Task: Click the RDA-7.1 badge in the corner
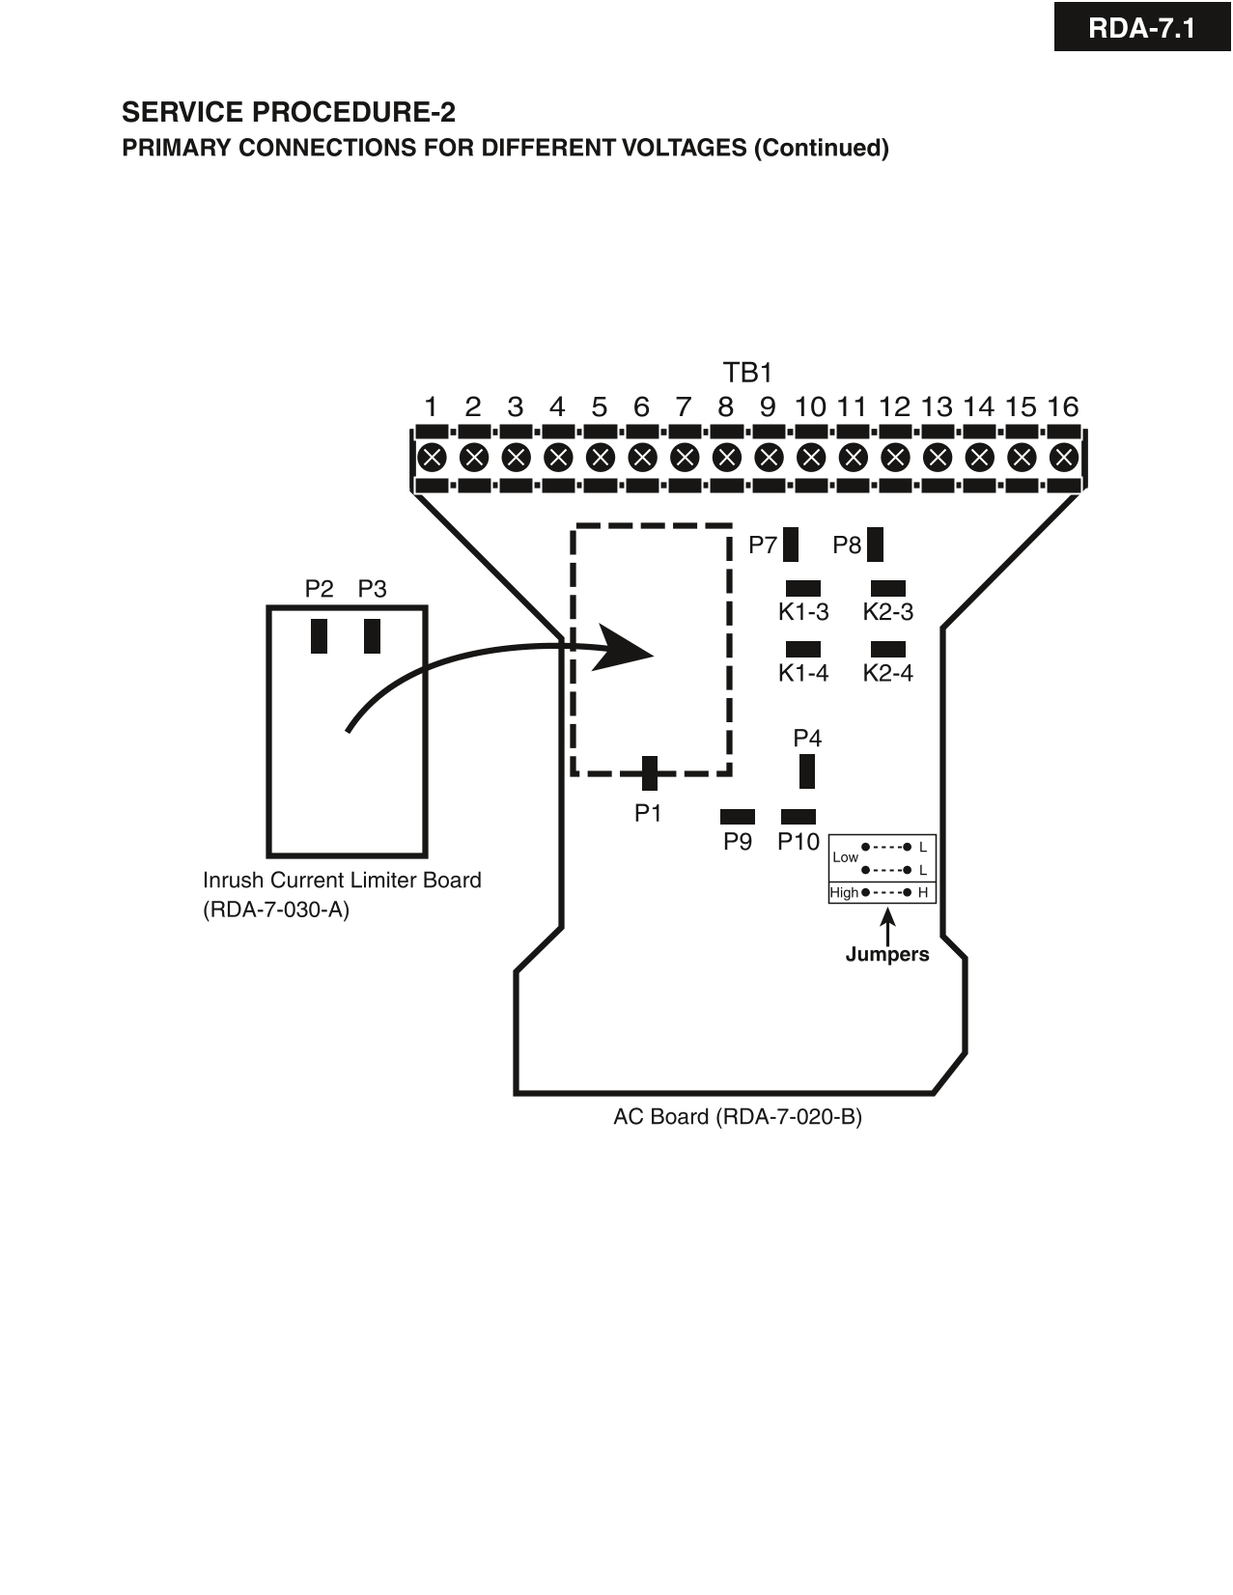(1141, 28)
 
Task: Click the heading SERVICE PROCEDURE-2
(288, 112)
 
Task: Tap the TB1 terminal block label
(747, 373)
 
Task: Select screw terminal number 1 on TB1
(432, 457)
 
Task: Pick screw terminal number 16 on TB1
(1063, 457)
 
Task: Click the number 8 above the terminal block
(725, 406)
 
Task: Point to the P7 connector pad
(791, 545)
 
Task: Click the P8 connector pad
(875, 545)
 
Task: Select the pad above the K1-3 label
(803, 588)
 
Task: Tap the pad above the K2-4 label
(887, 649)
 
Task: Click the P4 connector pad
(807, 771)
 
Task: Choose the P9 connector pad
(738, 817)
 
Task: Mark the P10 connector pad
(799, 817)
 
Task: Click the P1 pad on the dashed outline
(650, 773)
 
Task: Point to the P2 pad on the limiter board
(320, 636)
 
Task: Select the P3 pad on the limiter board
(373, 636)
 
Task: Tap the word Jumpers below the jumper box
(886, 954)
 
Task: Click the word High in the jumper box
(843, 892)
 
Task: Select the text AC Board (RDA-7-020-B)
(738, 1117)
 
